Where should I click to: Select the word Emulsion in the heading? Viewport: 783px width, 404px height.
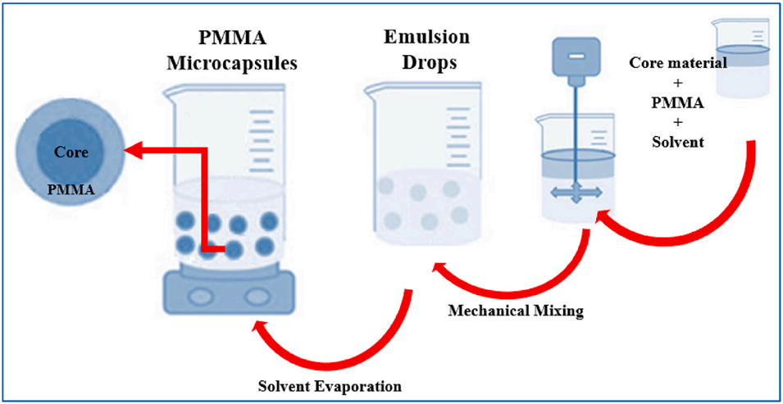[x=426, y=38]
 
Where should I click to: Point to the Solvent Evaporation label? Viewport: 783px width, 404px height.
[x=330, y=386]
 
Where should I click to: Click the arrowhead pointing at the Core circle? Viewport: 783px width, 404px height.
[x=131, y=150]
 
